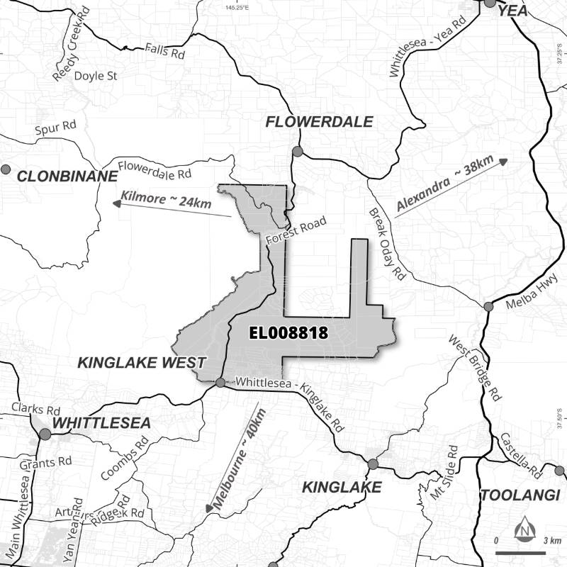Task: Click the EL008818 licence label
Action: (287, 332)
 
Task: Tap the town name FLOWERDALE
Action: (319, 122)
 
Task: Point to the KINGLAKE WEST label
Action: (141, 363)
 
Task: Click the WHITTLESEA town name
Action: (102, 423)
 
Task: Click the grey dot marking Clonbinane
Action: (6, 169)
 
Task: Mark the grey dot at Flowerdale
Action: (297, 152)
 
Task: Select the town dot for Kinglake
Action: (373, 464)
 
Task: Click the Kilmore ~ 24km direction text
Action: (167, 199)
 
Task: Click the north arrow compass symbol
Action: (525, 528)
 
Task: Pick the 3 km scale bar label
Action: (552, 541)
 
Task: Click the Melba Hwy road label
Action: (528, 296)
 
